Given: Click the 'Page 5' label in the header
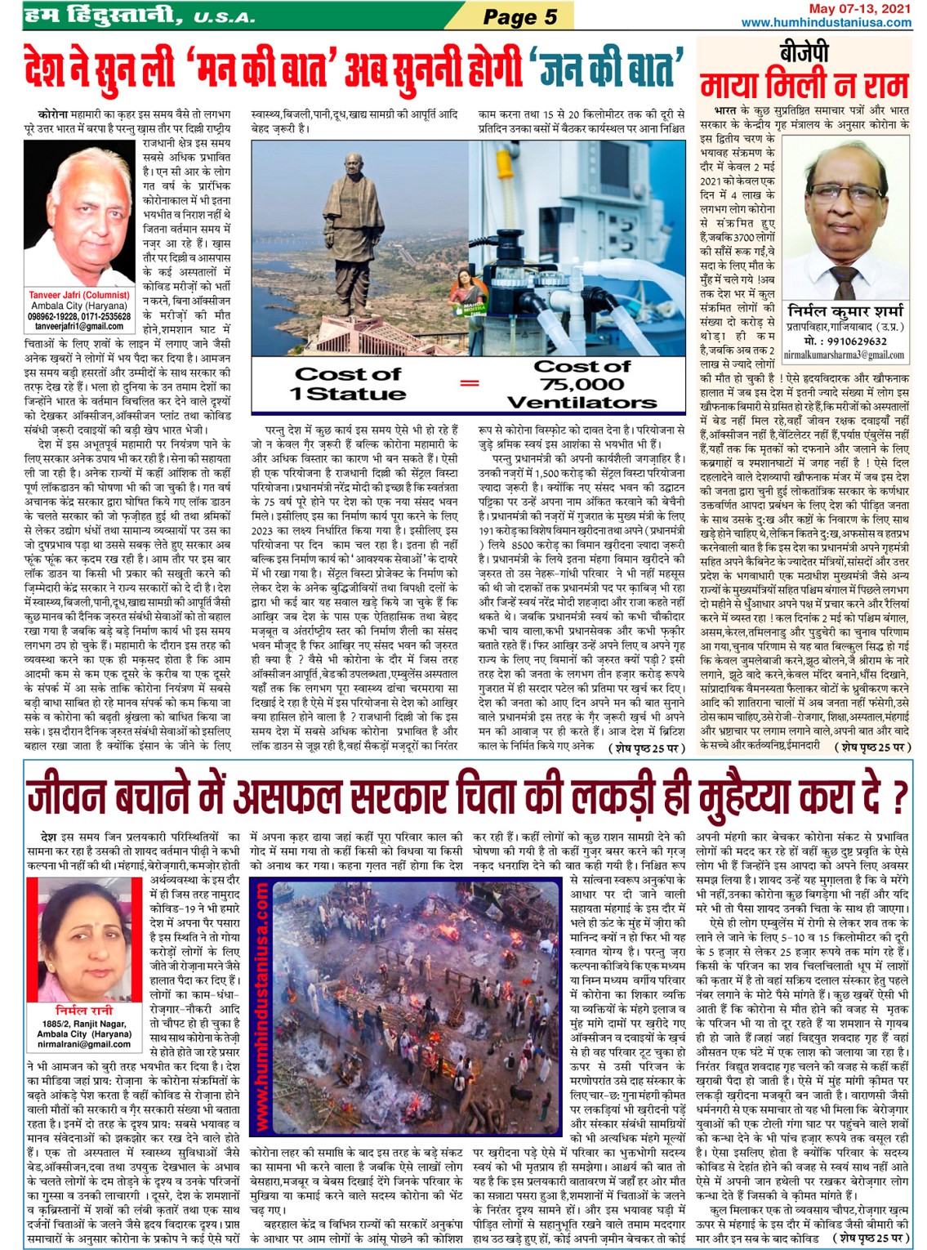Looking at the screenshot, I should [x=519, y=16].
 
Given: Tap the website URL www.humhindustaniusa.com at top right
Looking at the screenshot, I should [x=826, y=22].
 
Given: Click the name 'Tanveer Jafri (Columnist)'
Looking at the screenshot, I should [x=79, y=295].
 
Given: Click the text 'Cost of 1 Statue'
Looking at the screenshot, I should [x=348, y=383].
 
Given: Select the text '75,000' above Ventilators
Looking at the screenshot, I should [x=582, y=384].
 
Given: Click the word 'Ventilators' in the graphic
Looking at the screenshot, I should [x=582, y=402].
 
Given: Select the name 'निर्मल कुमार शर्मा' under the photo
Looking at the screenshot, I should [x=845, y=311].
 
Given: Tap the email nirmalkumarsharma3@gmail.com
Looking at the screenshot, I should [x=845, y=355].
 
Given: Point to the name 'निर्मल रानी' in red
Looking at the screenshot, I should [x=79, y=1011].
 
